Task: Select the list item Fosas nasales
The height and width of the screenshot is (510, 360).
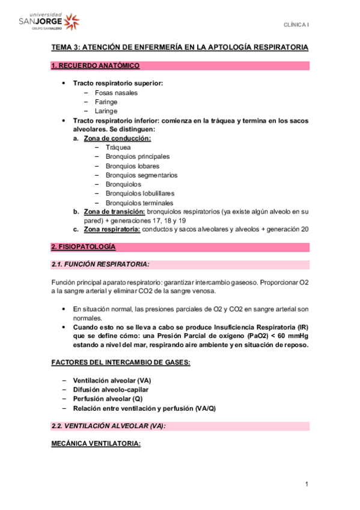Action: click(116, 93)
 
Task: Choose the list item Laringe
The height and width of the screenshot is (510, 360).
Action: click(106, 111)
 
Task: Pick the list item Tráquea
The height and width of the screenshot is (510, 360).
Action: click(118, 147)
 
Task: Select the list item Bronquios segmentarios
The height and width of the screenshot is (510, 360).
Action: click(141, 175)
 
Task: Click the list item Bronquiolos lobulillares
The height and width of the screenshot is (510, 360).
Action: click(140, 194)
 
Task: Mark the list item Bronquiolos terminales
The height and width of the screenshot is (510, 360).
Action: click(139, 203)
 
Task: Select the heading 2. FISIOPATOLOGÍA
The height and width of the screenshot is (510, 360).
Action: click(83, 247)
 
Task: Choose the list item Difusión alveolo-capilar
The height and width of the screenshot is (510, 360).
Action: click(111, 390)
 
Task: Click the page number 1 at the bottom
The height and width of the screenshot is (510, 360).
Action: click(306, 484)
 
